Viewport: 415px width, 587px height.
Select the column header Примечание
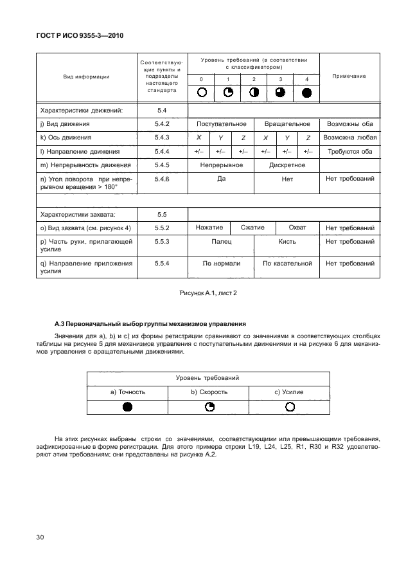[x=349, y=76]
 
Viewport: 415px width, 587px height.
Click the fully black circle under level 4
[x=306, y=92]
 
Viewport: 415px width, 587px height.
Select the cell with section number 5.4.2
[x=161, y=124]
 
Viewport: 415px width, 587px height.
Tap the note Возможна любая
[x=349, y=138]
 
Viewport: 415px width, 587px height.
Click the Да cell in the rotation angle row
[x=221, y=179]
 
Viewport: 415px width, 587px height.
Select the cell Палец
[x=221, y=242]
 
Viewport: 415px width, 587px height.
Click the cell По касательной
[x=287, y=263]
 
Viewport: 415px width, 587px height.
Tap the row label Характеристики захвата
[x=78, y=214]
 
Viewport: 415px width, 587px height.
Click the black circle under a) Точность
[x=127, y=407]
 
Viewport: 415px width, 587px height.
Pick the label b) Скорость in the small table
[x=207, y=392]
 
